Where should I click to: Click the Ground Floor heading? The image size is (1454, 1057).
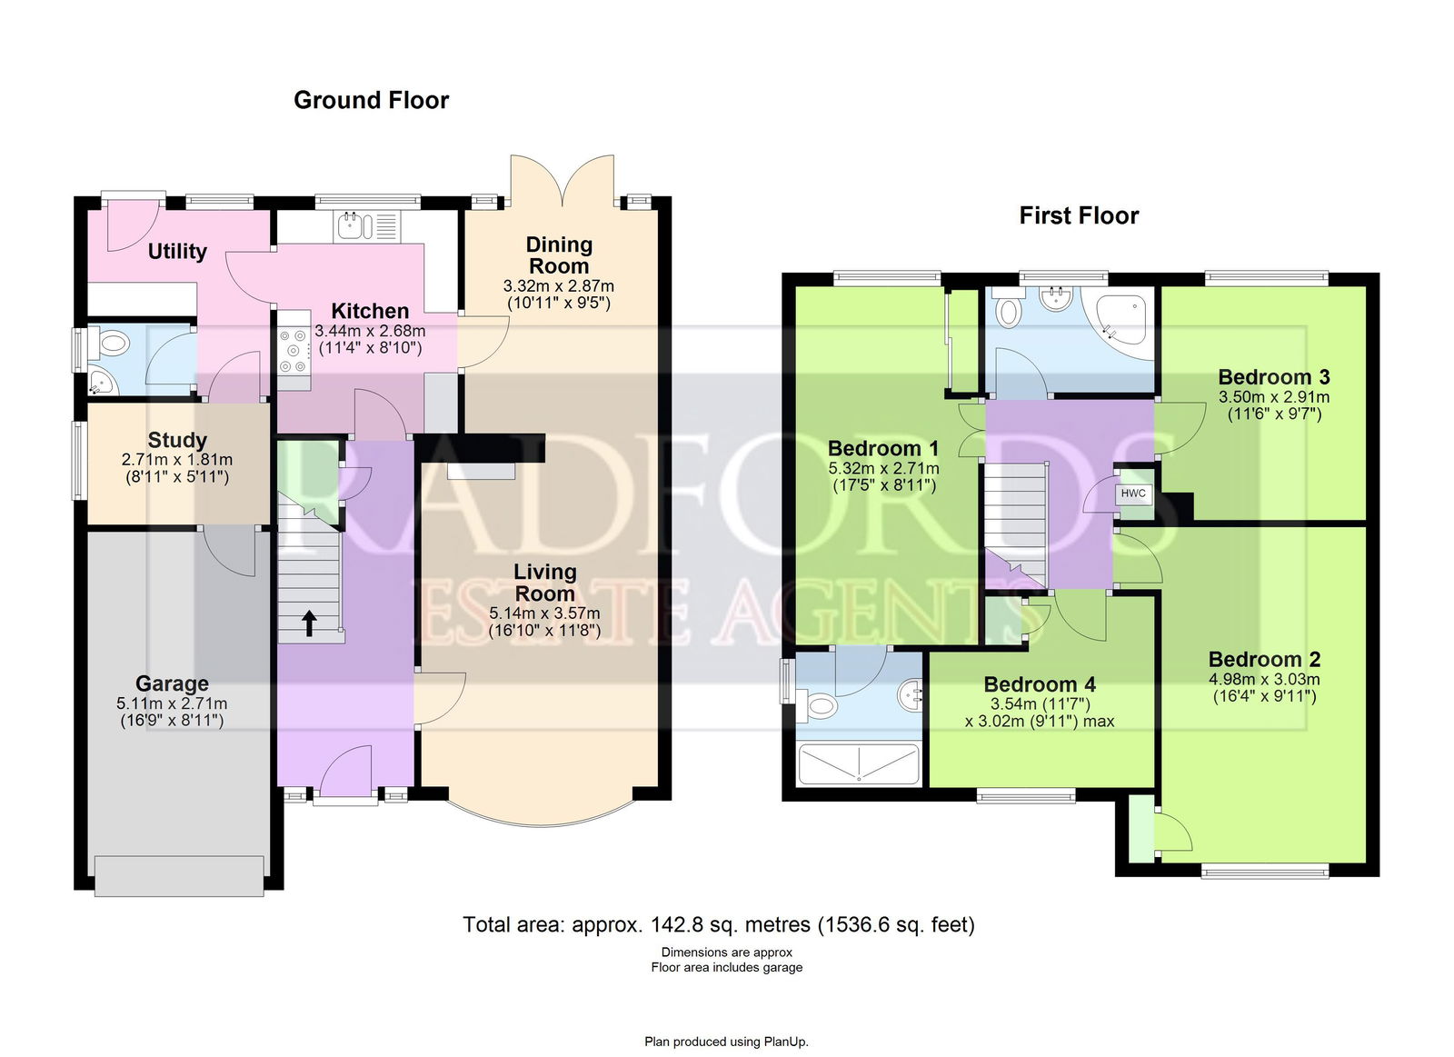pyautogui.click(x=372, y=100)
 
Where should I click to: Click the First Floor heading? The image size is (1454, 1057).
pyautogui.click(x=1079, y=215)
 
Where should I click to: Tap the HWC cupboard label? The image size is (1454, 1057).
pyautogui.click(x=1133, y=494)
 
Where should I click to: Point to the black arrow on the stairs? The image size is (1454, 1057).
pyautogui.click(x=310, y=623)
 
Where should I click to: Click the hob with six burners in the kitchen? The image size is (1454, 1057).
pyautogui.click(x=294, y=351)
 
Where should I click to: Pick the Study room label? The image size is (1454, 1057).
pyautogui.click(x=177, y=440)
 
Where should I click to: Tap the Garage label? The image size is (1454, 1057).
pyautogui.click(x=172, y=683)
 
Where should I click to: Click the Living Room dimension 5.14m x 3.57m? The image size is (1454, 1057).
pyautogui.click(x=544, y=613)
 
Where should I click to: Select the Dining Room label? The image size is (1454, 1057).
pyautogui.click(x=559, y=255)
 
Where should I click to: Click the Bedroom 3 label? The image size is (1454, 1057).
pyautogui.click(x=1274, y=376)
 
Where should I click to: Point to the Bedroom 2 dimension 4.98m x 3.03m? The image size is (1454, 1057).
pyautogui.click(x=1264, y=679)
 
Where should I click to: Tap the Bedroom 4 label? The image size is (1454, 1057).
pyautogui.click(x=1040, y=683)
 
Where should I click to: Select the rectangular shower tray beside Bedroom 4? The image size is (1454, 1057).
pyautogui.click(x=860, y=764)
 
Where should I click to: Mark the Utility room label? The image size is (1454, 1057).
pyautogui.click(x=177, y=251)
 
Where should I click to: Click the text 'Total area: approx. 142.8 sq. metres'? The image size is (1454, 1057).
pyautogui.click(x=637, y=924)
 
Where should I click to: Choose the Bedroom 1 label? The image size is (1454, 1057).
pyautogui.click(x=883, y=448)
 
